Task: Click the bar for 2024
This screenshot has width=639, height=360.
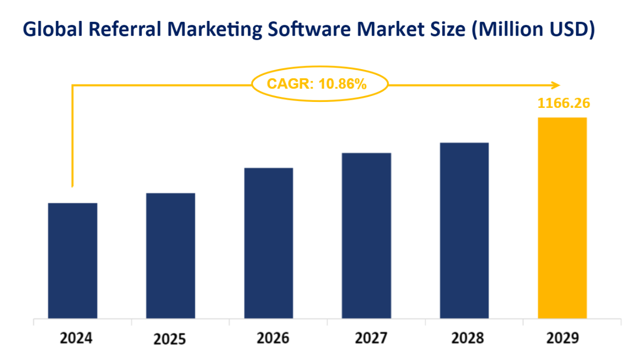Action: tap(73, 261)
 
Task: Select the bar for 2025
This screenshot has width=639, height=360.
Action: tap(171, 256)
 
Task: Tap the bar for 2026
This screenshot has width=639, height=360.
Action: tap(269, 243)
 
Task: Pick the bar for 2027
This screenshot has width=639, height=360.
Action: tap(366, 236)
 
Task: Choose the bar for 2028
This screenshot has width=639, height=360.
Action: tap(464, 231)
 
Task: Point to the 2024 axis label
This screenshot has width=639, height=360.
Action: tap(76, 339)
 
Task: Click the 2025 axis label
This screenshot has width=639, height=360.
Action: tap(170, 340)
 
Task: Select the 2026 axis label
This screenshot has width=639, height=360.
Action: tap(273, 339)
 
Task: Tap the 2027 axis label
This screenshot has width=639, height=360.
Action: tap(371, 339)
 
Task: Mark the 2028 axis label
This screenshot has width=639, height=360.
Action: tap(467, 339)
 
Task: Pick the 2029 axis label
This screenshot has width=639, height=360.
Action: tap(563, 339)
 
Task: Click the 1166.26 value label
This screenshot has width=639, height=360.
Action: tap(563, 103)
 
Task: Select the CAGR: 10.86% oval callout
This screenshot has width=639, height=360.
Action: tap(320, 84)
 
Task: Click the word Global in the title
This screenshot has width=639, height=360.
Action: tap(52, 30)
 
